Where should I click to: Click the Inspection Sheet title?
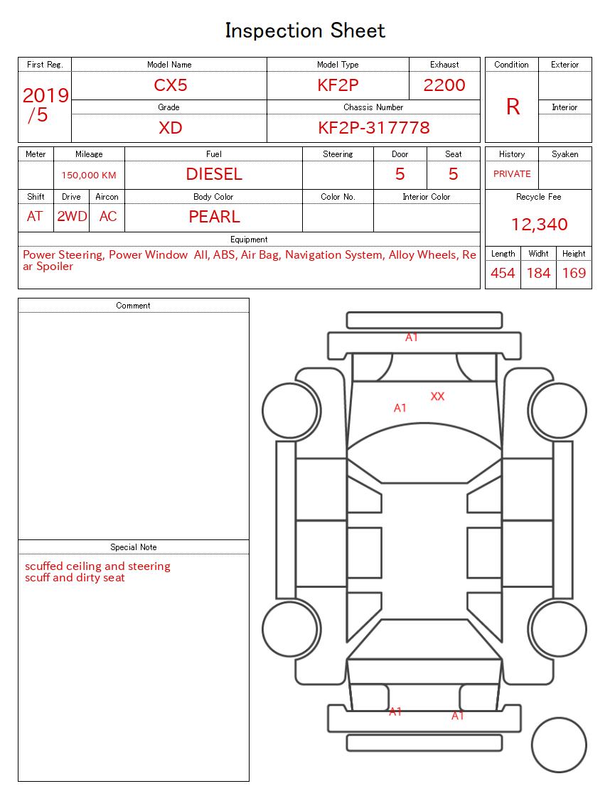point(305,31)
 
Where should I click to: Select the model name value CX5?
point(170,85)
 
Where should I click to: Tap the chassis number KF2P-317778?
point(373,128)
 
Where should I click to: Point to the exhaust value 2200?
point(444,85)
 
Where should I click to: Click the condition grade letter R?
point(513,107)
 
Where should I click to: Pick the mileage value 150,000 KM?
point(89,175)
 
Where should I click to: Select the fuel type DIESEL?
point(214,174)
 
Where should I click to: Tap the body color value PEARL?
point(214,217)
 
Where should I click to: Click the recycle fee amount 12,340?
point(539,225)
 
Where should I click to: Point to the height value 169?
point(574,273)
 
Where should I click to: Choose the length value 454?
point(503,273)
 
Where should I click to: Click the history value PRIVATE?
point(512,174)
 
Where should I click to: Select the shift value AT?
point(35,217)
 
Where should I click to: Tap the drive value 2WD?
point(72,217)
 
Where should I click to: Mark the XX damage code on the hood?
point(437,397)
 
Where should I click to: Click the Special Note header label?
point(134,547)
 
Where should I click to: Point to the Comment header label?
point(134,306)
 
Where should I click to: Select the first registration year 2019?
point(46,96)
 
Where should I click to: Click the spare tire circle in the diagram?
point(558,746)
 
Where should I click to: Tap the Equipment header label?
point(249,240)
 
